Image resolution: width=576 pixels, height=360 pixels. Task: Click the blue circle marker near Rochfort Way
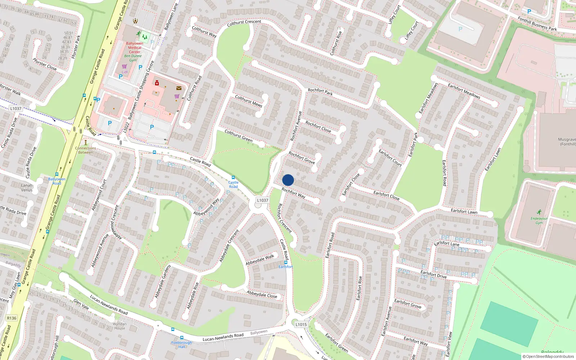(288, 180)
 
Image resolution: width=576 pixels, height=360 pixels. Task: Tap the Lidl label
(125, 72)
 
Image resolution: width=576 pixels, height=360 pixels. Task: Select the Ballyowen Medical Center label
(135, 48)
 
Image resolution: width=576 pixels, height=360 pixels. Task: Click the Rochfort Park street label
(320, 92)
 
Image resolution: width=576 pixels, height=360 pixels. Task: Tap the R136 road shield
(12, 318)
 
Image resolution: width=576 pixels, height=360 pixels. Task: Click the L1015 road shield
(301, 324)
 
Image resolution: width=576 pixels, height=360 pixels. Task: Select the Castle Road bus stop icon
(233, 177)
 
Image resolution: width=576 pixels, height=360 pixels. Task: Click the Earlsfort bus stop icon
(286, 262)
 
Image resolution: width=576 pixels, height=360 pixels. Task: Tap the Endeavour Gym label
(539, 220)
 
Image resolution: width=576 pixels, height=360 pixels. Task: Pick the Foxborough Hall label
(182, 345)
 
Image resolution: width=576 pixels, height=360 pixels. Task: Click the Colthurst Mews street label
(248, 101)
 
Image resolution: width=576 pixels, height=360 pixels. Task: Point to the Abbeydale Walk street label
(260, 260)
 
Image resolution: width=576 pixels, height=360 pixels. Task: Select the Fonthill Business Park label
(537, 24)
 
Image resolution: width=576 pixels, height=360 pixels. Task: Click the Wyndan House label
(120, 326)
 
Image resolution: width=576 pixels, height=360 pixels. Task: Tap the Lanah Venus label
(27, 188)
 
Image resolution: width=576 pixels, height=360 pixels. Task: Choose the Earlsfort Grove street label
(408, 303)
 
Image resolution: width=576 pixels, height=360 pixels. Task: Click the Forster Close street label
(45, 64)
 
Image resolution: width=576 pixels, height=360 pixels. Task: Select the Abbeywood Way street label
(206, 207)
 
